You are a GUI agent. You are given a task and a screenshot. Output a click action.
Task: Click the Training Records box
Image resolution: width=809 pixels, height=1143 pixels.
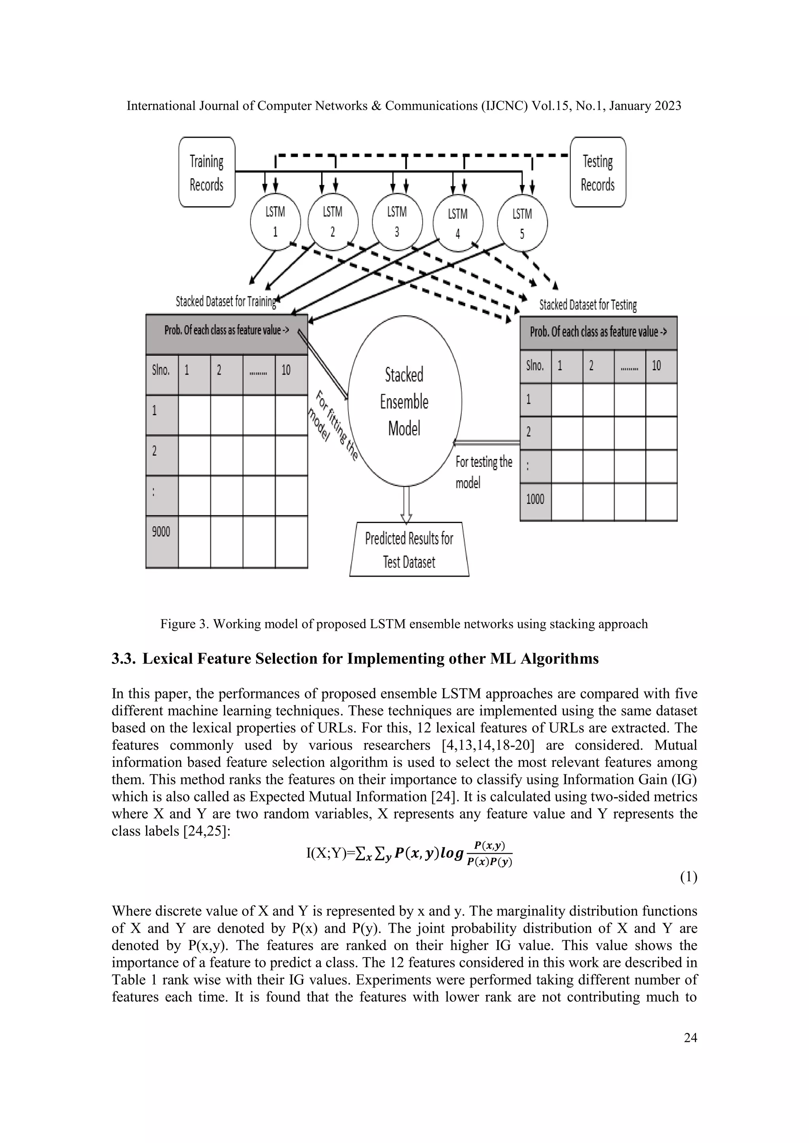coord(207,172)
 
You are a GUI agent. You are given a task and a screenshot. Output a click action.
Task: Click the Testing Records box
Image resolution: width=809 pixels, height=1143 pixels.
coord(597,172)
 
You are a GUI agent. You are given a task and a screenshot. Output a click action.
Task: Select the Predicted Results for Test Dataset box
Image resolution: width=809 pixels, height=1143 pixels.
coord(409,550)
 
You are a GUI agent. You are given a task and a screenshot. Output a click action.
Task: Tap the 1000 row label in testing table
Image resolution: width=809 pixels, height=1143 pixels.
coord(535,499)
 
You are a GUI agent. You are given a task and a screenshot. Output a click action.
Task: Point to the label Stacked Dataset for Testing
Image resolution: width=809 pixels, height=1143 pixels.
coord(588,305)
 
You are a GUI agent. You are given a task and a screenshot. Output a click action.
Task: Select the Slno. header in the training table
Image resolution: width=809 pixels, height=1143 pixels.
coord(161,370)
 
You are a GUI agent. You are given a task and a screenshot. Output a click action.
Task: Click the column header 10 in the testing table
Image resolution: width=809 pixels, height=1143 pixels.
coord(657,366)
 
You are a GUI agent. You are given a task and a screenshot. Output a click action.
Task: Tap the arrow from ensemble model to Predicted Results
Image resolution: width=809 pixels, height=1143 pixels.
coord(406,504)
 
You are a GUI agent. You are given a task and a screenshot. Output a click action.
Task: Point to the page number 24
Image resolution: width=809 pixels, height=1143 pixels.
coord(690,1038)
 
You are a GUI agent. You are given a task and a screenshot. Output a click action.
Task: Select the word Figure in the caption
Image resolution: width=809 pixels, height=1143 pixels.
coord(177,624)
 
